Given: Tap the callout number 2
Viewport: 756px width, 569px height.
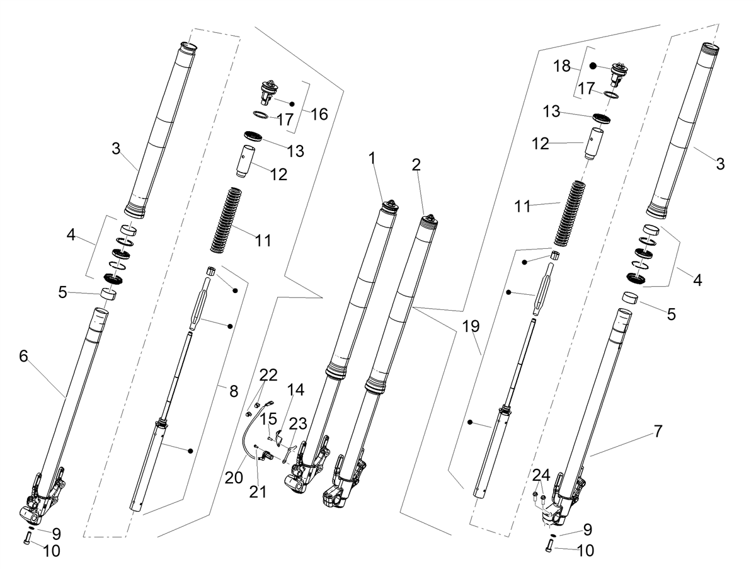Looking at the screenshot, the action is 416,165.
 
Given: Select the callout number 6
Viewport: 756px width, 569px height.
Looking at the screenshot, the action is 23,356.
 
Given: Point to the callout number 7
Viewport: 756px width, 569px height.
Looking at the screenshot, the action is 658,431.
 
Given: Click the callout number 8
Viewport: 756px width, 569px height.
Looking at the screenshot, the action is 234,391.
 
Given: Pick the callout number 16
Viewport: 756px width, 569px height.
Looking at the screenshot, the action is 319,114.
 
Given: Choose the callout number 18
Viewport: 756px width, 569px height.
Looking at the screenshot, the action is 562,66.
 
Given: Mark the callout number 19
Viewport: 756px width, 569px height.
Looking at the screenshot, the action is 471,326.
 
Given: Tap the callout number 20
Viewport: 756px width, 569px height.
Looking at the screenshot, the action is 234,478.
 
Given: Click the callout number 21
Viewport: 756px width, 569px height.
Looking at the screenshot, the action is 258,492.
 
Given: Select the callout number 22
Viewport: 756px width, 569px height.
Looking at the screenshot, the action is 268,375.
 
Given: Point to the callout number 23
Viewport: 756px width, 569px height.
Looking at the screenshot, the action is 298,423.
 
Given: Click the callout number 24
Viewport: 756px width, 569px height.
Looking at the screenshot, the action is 541,476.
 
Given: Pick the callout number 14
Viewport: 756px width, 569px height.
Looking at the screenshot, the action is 296,389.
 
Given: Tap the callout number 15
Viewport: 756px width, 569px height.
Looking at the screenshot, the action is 268,419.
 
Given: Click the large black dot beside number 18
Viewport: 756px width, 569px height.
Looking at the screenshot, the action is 592,66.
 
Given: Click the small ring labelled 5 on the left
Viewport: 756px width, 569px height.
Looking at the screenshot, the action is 108,294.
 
